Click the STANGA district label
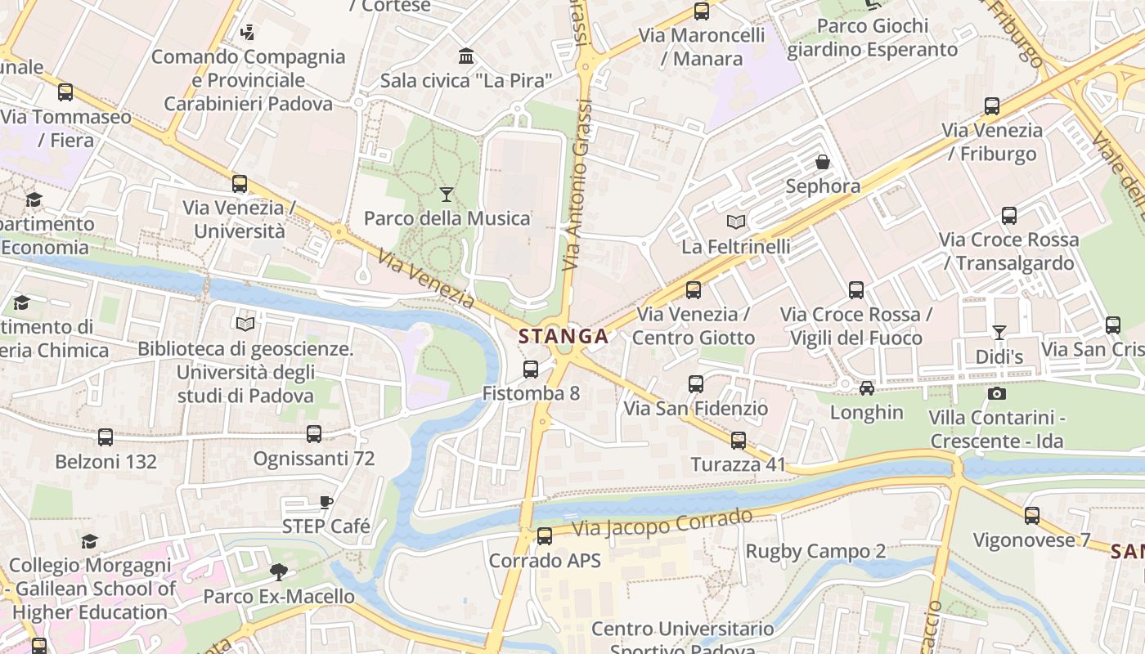click(564, 336)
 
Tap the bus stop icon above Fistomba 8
click(531, 370)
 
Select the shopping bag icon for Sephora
click(823, 162)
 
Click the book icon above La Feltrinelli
click(736, 222)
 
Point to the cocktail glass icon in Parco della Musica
click(446, 194)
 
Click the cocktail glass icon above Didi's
click(999, 332)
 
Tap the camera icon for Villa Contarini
click(996, 393)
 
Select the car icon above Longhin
click(867, 387)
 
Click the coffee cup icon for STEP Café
click(326, 502)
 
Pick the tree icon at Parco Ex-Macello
click(279, 571)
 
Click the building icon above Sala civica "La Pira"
click(466, 56)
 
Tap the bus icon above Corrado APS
click(545, 536)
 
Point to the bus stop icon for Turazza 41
click(739, 441)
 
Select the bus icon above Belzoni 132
click(106, 437)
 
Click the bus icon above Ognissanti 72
click(314, 434)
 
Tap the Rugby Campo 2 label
click(815, 551)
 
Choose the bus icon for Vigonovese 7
click(1032, 516)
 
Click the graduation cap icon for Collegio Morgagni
click(89, 541)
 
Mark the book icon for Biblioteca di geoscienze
click(245, 325)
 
